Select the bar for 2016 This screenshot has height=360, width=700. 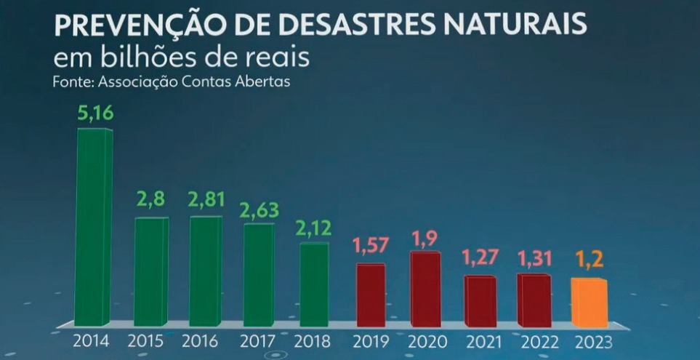[206, 271]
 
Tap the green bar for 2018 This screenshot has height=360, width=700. [315, 284]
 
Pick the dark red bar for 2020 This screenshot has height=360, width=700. [425, 289]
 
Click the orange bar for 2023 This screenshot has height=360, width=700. [589, 303]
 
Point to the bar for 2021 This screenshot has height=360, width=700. [480, 301]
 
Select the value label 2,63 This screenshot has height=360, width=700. [260, 209]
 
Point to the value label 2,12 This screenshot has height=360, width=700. [313, 228]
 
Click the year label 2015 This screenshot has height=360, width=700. [146, 341]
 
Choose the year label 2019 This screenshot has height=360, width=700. [371, 341]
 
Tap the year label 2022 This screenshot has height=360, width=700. [535, 341]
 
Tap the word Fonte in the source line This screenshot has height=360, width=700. [71, 81]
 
